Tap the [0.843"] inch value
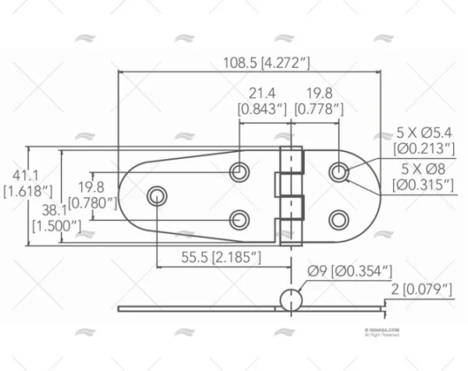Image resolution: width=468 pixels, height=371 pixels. click(x=262, y=110)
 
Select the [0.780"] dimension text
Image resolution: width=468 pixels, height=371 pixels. click(x=92, y=203)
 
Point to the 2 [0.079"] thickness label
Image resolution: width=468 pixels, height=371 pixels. click(x=421, y=290)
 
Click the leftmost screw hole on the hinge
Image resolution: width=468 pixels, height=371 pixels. click(x=158, y=194)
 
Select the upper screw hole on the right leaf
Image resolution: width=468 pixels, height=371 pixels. click(x=338, y=171)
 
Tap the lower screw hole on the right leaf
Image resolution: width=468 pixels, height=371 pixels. click(x=338, y=219)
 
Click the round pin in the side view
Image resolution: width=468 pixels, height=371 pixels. click(x=289, y=301)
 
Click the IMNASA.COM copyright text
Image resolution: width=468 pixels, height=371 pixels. click(x=382, y=330)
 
